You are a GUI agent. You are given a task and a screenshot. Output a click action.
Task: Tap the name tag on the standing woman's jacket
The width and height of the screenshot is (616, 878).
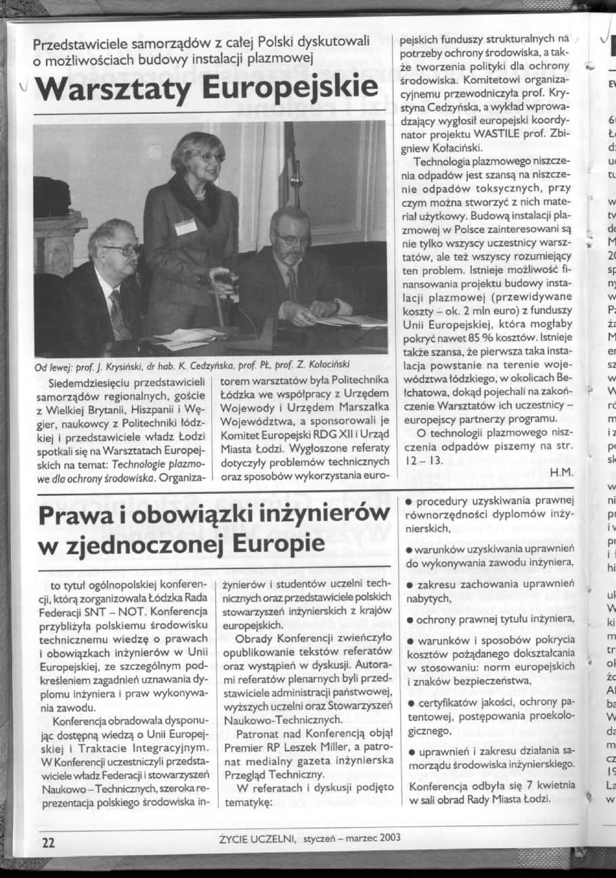pyautogui.click(x=185, y=226)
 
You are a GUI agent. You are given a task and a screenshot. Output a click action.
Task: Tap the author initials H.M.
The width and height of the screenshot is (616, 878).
pyautogui.click(x=563, y=471)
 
